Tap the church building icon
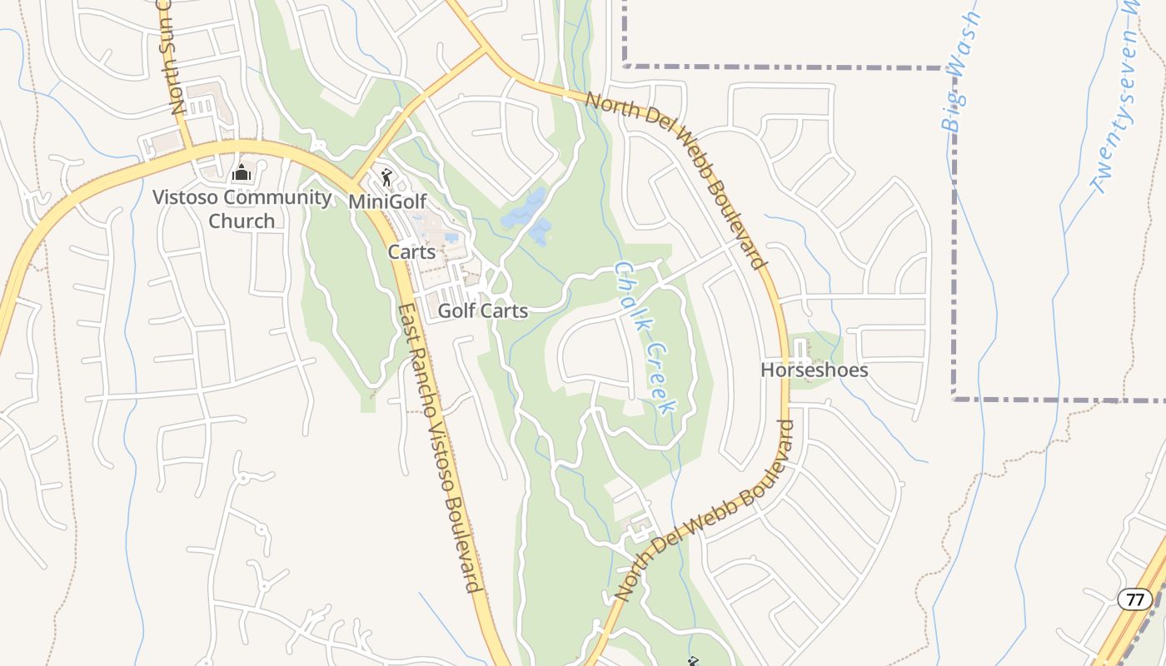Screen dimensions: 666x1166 click(x=242, y=173)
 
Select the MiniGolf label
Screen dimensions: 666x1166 click(x=387, y=201)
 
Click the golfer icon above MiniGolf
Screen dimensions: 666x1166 click(x=386, y=176)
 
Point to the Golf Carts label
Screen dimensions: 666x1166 click(x=482, y=311)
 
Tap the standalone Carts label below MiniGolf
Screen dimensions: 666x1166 click(x=411, y=251)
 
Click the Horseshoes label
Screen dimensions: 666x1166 click(x=814, y=370)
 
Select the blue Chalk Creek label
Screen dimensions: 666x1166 click(x=644, y=337)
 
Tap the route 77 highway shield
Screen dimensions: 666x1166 click(x=1134, y=599)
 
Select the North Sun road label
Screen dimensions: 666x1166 click(x=175, y=58)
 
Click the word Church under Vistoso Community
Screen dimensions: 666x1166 click(x=242, y=221)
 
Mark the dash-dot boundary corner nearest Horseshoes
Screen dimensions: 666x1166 click(x=954, y=399)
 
